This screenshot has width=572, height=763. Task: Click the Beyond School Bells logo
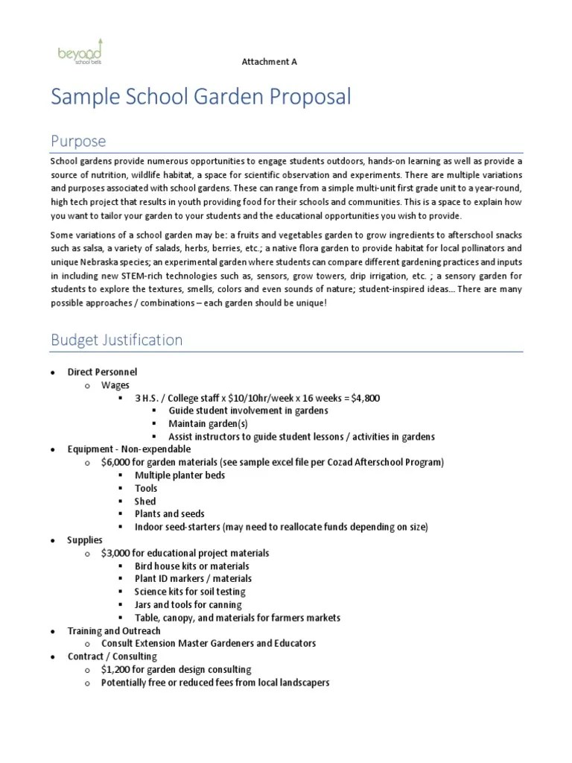tap(80, 53)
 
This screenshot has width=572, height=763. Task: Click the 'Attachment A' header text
tap(269, 62)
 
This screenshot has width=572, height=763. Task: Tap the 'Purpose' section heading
tap(78, 141)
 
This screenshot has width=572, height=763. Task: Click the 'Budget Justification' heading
tap(116, 341)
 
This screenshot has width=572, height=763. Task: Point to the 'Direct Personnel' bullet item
tap(102, 372)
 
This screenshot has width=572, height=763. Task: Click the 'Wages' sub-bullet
tap(115, 385)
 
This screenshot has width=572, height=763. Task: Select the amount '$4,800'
tap(365, 398)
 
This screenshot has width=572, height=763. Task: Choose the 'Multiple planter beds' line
tap(179, 475)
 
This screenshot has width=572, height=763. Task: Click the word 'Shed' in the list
tap(145, 501)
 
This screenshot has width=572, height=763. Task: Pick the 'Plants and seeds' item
tap(169, 514)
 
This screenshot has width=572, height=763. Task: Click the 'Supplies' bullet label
tap(86, 539)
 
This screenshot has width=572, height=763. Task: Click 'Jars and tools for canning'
tap(188, 604)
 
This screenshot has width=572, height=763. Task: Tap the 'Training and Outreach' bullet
tap(114, 630)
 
